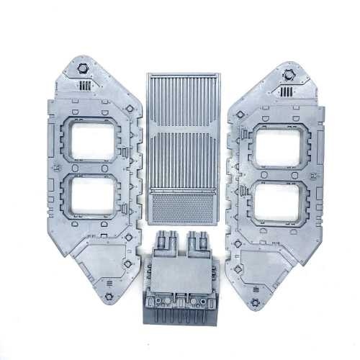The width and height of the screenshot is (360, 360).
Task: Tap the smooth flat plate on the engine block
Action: coord(183,274)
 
